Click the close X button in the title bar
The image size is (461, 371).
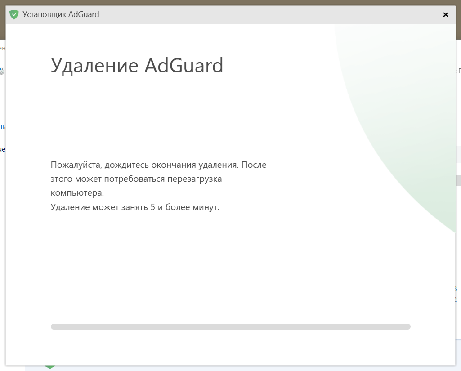[x=445, y=15]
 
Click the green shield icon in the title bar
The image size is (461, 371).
[x=14, y=15]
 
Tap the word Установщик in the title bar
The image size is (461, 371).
[x=45, y=14]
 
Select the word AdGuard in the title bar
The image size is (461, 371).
[x=84, y=14]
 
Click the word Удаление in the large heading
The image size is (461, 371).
[x=94, y=66]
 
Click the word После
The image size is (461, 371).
[x=254, y=165]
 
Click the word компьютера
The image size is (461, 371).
[x=77, y=193]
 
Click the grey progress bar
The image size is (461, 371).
[x=230, y=326]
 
